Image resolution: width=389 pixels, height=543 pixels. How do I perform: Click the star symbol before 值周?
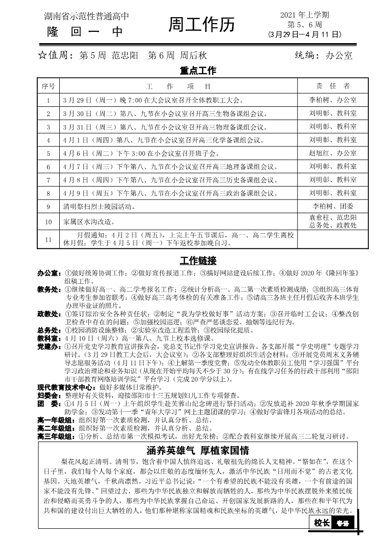42,56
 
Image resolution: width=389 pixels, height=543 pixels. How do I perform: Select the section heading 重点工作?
198,71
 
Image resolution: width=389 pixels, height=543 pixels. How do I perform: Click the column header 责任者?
333,86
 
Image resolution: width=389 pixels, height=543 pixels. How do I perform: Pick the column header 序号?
49,86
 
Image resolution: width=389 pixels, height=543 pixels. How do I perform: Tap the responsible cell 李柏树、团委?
333,206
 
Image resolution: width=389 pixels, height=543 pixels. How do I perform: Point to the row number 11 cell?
49,239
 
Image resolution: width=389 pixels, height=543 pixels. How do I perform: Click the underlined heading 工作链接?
198,260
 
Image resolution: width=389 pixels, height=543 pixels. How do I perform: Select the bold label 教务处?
49,289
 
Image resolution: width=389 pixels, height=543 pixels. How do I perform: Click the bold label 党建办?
49,346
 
